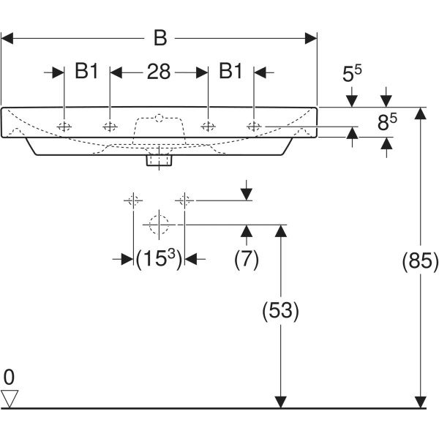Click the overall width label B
(x=159, y=37)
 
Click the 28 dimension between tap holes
(x=159, y=72)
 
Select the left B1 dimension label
(x=87, y=72)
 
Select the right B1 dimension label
(x=231, y=72)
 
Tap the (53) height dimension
(x=280, y=311)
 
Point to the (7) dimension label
(x=247, y=259)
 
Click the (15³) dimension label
(x=159, y=259)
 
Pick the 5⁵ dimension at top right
(x=353, y=75)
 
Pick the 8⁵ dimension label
(x=387, y=123)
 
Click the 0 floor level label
(x=9, y=378)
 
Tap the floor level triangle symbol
(x=10, y=398)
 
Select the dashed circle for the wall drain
(x=159, y=223)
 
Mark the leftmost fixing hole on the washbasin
(x=65, y=127)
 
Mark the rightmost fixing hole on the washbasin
(x=253, y=127)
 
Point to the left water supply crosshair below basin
(x=132, y=199)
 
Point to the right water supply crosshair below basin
(x=185, y=199)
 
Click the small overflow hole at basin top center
(x=159, y=116)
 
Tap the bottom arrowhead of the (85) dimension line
(x=420, y=402)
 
